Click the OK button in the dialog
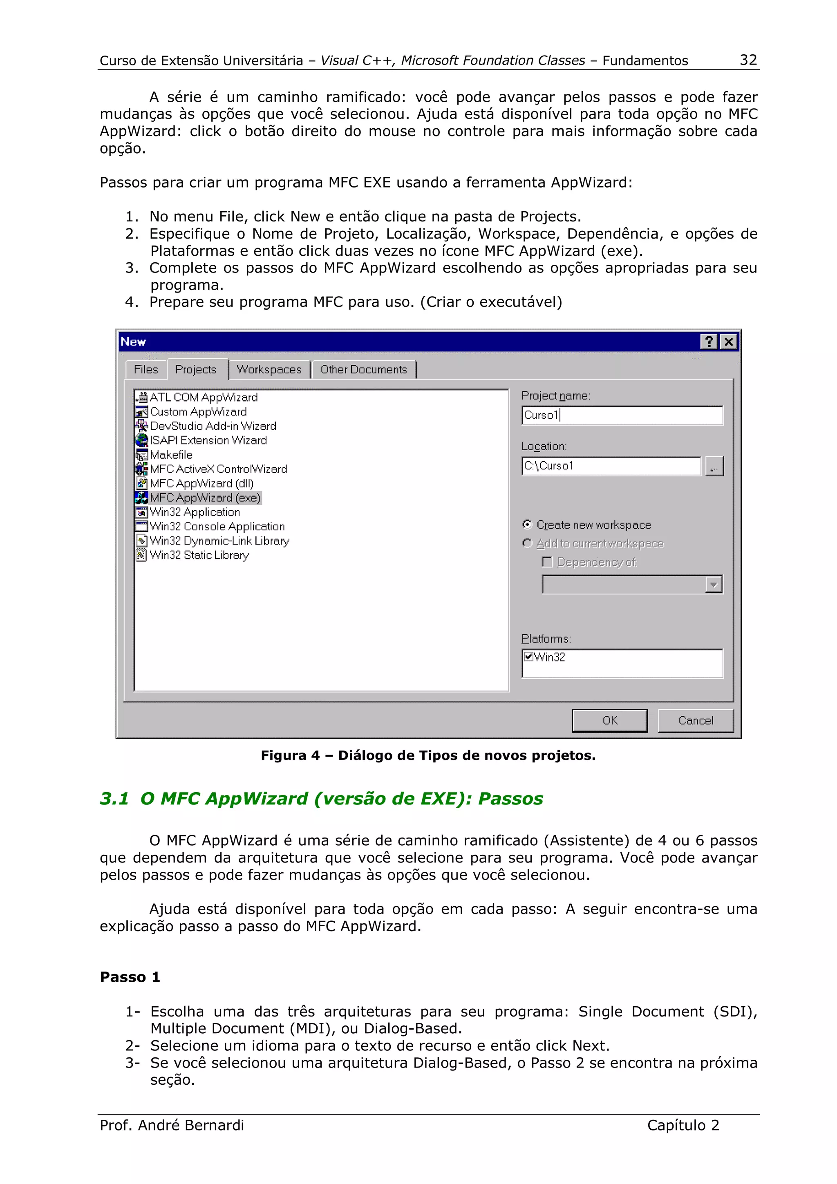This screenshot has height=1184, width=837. pyautogui.click(x=610, y=720)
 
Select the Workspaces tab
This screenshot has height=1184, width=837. pyautogui.click(x=269, y=369)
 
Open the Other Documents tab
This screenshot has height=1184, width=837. pyautogui.click(x=364, y=369)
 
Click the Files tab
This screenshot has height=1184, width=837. pyautogui.click(x=145, y=369)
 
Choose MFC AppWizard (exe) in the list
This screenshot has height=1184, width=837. pyautogui.click(x=205, y=498)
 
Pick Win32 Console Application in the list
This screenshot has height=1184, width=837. pyautogui.click(x=217, y=527)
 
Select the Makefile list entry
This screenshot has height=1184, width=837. pyautogui.click(x=171, y=455)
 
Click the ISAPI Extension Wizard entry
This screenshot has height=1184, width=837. pyautogui.click(x=208, y=440)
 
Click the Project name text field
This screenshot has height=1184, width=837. pyautogui.click(x=622, y=415)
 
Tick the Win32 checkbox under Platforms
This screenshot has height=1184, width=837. pyautogui.click(x=528, y=657)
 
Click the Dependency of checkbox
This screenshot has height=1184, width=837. pyautogui.click(x=547, y=562)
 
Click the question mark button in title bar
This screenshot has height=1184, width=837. pyautogui.click(x=709, y=342)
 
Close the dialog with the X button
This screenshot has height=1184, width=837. pyautogui.click(x=729, y=342)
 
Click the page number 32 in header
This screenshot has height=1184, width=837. pyautogui.click(x=748, y=60)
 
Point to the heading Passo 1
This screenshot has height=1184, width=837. pyautogui.click(x=130, y=977)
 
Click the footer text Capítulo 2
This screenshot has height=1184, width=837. pyautogui.click(x=683, y=1125)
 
